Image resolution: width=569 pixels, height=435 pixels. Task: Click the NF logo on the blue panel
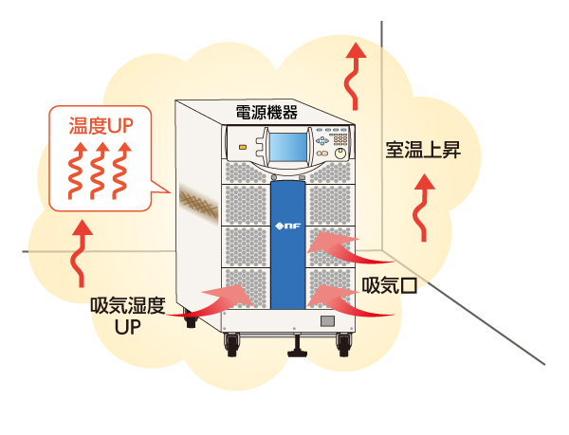point(287,227)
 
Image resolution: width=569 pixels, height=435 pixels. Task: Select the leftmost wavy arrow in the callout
point(75,170)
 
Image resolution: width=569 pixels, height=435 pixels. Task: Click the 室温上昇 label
point(423,151)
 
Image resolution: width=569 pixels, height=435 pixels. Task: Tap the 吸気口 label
point(389,283)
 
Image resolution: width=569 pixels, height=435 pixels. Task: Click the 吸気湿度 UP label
point(128,317)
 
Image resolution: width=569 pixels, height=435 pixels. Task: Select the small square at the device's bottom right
point(326,323)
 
